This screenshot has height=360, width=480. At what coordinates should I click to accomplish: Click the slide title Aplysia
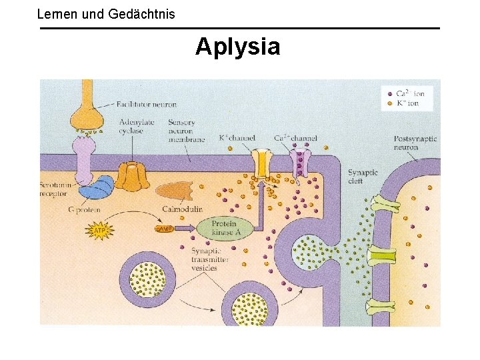[238, 47]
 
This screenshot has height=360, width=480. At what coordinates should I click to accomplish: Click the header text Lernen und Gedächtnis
[106, 13]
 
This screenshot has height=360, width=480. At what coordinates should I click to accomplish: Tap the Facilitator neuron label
[145, 105]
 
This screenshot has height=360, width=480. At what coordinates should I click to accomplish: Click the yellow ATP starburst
[99, 231]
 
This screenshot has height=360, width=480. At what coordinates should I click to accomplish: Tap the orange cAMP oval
[164, 229]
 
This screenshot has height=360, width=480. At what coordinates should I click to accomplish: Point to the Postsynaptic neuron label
[415, 143]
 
